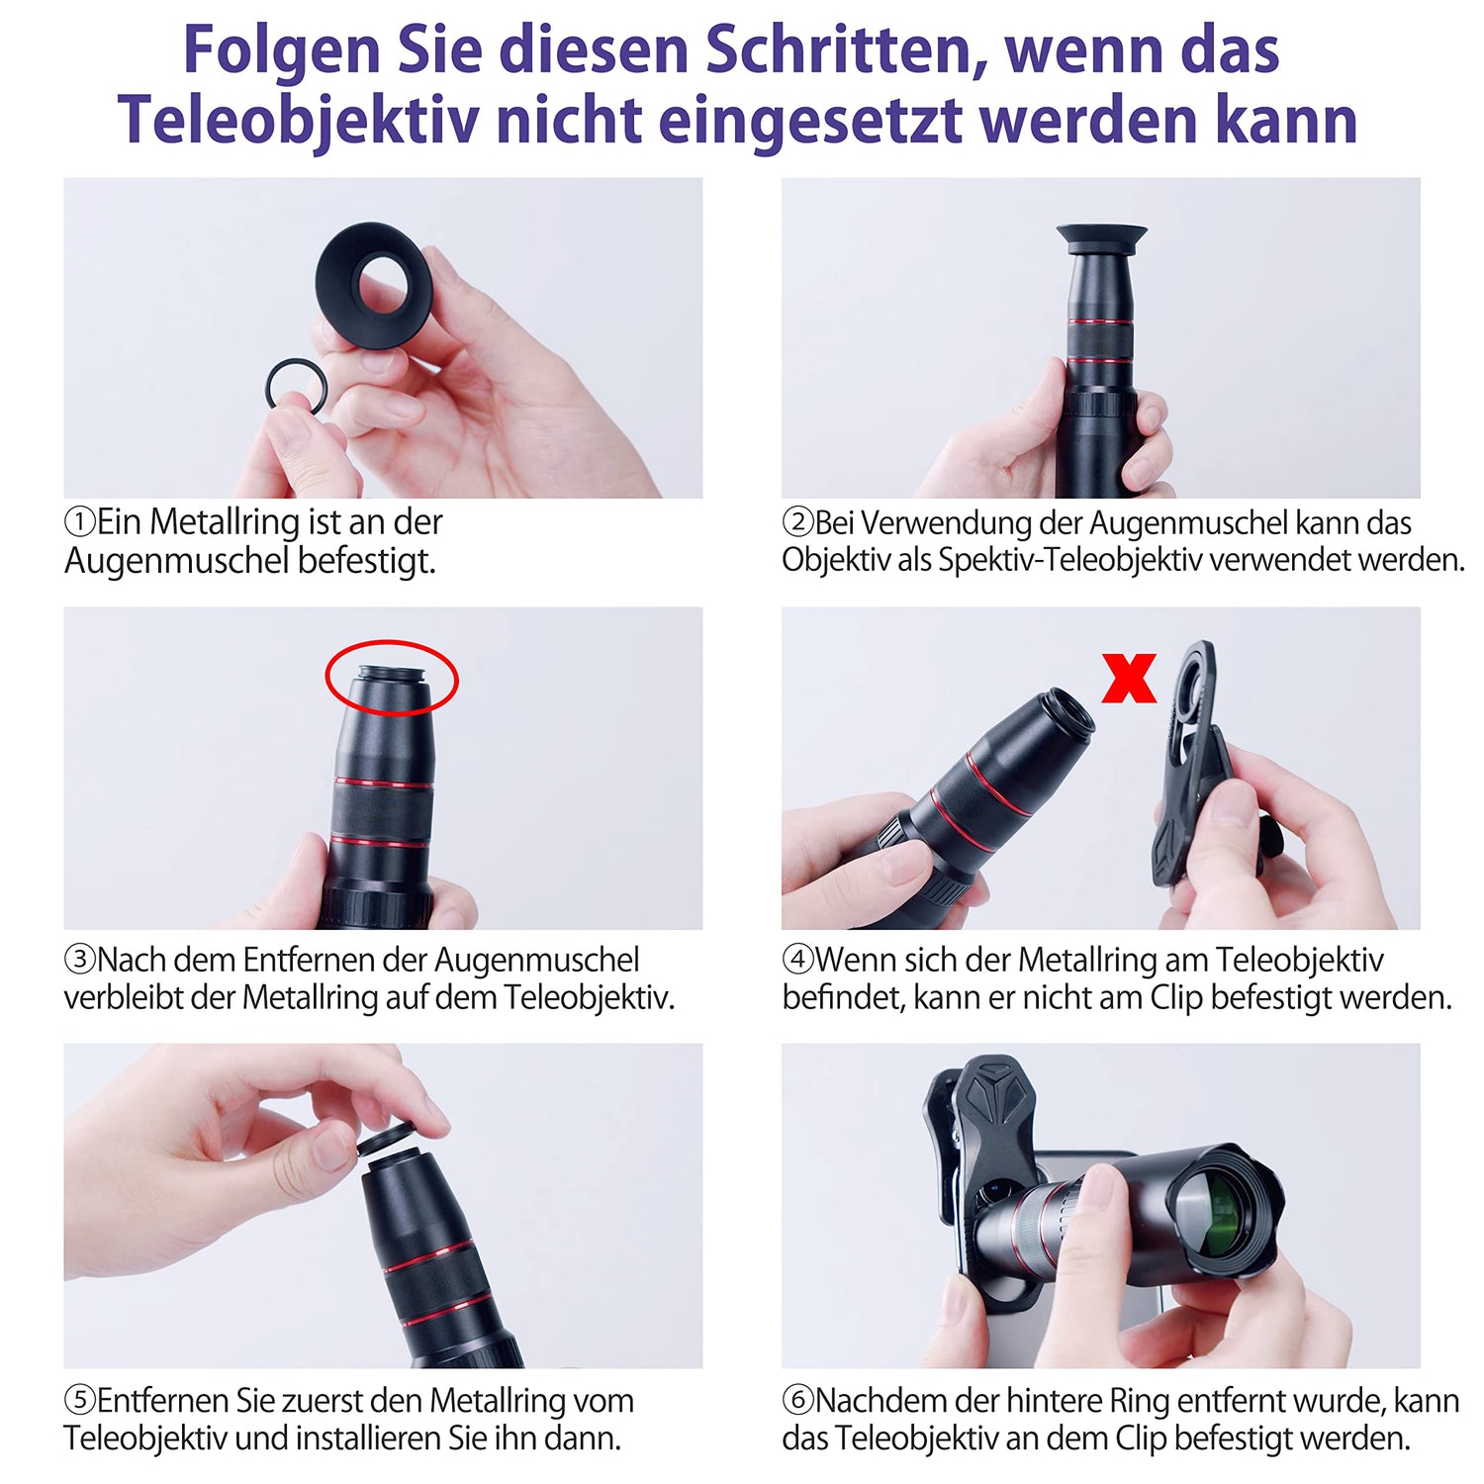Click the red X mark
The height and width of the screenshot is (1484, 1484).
(1129, 678)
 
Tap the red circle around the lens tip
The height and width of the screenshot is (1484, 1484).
(392, 644)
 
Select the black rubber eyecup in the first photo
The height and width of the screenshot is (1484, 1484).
(373, 284)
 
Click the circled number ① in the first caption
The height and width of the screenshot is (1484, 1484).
(80, 521)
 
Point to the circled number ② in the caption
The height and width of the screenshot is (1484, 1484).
(797, 522)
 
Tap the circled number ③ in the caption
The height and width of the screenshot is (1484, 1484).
(80, 960)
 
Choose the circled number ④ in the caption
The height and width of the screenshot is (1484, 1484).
(797, 960)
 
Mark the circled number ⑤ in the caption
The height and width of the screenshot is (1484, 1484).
(80, 1401)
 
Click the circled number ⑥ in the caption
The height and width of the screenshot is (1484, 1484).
(797, 1401)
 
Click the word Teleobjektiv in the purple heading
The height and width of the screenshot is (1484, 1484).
(298, 121)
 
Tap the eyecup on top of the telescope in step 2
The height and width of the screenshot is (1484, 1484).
(1101, 237)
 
